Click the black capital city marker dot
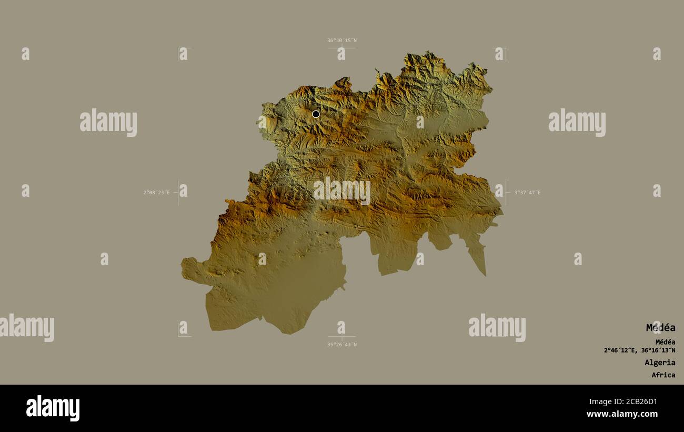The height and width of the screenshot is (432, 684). pos(316,114)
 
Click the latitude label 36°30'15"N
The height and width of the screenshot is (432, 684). pos(341,41)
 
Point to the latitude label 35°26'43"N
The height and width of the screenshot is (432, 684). pos(341,345)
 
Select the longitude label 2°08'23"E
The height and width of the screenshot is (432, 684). pos(156,193)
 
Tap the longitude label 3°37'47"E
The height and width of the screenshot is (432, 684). pos(527,193)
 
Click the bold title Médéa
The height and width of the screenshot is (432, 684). pos(660,328)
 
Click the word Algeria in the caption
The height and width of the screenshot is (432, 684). pos(660,363)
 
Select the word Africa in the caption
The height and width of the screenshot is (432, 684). pos(663,375)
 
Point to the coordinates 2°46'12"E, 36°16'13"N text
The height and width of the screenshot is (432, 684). pos(639,350)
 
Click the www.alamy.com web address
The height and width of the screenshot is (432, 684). pos(622,414)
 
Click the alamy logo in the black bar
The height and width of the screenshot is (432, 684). pos(53,408)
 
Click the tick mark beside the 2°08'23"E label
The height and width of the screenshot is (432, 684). pos(178,193)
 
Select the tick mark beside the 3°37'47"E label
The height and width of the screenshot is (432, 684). pos(506,193)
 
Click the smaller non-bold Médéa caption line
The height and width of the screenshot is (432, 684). pos(665,342)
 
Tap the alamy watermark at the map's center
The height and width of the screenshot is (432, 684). pos(341,190)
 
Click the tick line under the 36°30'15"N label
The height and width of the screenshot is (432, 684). pos(341,48)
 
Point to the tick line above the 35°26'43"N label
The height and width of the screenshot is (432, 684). pos(341,337)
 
